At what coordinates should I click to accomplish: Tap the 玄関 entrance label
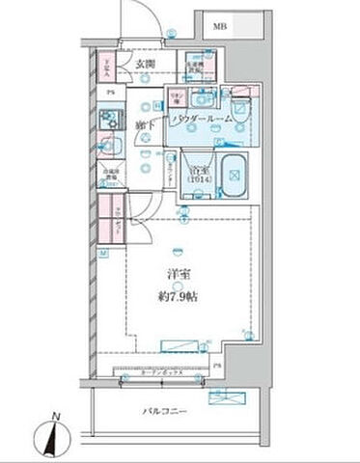tap(145, 65)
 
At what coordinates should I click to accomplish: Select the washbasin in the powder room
tap(204, 97)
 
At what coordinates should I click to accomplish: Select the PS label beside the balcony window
tap(216, 367)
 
